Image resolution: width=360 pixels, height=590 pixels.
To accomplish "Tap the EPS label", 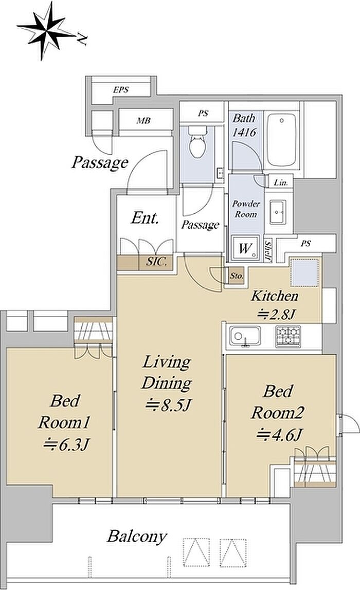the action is [121, 90].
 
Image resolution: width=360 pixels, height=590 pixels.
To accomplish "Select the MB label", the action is [143, 121].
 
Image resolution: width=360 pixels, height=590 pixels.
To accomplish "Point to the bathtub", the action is [281, 139].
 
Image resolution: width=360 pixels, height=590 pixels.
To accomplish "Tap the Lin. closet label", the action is [281, 183].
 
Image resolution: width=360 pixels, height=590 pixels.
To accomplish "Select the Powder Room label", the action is [246, 209].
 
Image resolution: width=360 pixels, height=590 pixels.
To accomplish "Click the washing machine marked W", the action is [245, 248].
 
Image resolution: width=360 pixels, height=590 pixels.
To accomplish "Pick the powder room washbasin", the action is [278, 212].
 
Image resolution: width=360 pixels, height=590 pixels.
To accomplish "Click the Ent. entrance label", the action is [145, 218].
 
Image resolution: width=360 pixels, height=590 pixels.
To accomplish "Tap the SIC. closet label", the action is [156, 262].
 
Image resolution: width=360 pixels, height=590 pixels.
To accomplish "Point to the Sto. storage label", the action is [237, 276].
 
